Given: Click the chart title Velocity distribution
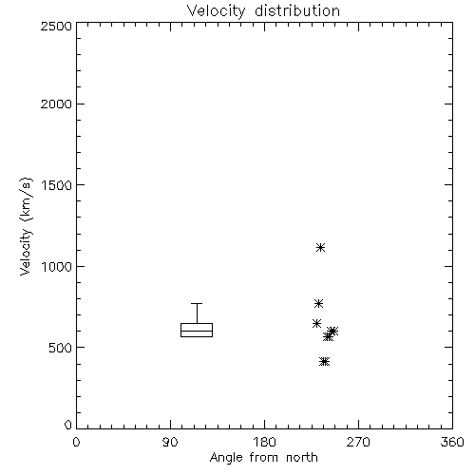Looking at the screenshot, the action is tap(263, 11).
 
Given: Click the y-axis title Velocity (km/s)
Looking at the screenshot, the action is tap(26, 226).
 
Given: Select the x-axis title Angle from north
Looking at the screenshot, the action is tap(263, 458).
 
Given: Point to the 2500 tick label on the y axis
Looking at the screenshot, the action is tap(56, 26).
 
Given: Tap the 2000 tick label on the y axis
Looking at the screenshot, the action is tap(56, 104).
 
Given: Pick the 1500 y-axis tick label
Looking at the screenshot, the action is tap(57, 185).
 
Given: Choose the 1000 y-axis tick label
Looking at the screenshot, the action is tap(57, 267).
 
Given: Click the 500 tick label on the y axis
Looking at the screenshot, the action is tap(61, 348).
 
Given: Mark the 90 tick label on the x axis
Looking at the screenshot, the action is tap(170, 442).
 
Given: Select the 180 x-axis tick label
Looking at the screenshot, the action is tap(264, 442).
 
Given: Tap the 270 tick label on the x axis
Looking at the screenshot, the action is tap(358, 442).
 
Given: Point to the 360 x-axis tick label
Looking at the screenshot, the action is tap(452, 442).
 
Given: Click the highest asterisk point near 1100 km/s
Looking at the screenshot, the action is tap(321, 247).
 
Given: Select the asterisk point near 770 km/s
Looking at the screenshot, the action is tap(318, 304).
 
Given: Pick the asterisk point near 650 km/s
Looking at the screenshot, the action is tap(316, 324).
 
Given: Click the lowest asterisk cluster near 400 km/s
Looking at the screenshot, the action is tap(325, 362).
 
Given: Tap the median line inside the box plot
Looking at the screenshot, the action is tap(197, 331).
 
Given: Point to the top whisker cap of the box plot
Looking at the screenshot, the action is tap(197, 303).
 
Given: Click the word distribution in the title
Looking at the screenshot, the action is tap(297, 11).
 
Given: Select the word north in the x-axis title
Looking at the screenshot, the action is tap(302, 458).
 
